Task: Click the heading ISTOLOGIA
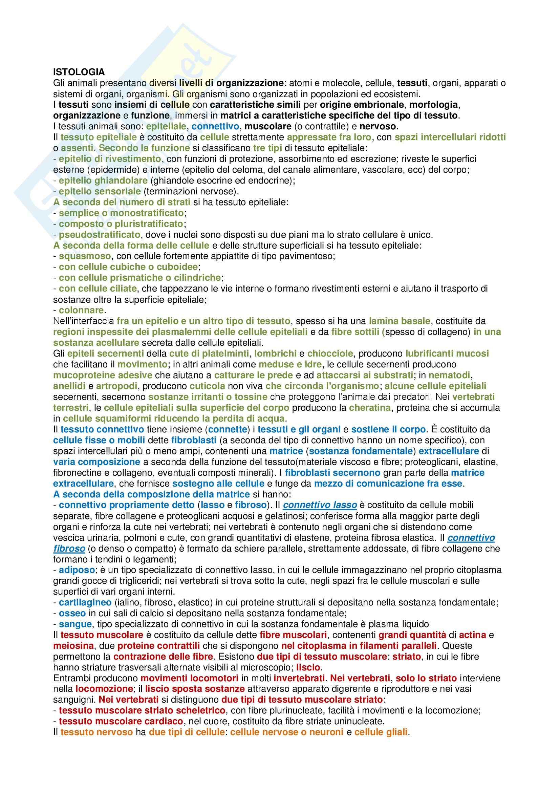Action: point(79,72)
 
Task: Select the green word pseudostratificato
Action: point(99,235)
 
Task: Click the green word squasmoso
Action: point(85,256)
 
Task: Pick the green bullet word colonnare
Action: point(81,310)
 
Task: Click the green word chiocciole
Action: point(330,354)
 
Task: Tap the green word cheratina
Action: point(370,408)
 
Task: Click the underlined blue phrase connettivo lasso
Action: point(320,505)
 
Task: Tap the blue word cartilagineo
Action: point(85,603)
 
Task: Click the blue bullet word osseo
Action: point(72,613)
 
